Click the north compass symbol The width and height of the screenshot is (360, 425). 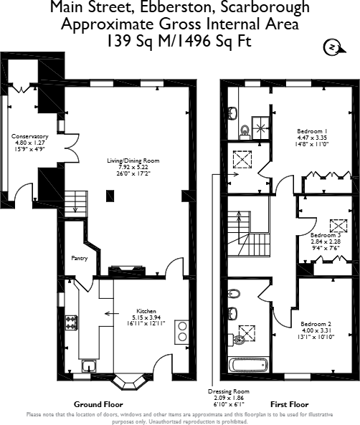point(332,47)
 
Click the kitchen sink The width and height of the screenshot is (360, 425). point(89,367)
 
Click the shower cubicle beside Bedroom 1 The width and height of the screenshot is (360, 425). point(262,127)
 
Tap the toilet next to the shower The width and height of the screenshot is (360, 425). point(244,130)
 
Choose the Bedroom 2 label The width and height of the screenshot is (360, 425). point(316,323)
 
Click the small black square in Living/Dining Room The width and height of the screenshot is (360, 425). point(109,195)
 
